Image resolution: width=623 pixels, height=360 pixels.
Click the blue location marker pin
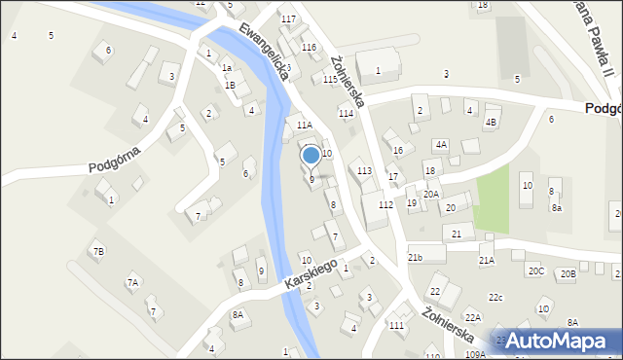pyautogui.click(x=311, y=156)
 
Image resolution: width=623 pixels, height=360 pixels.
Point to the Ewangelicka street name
pyautogui.click(x=264, y=52)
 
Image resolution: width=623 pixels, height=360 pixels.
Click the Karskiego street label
pyautogui.click(x=311, y=273)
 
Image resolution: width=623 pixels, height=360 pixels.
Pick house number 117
pyautogui.click(x=288, y=19)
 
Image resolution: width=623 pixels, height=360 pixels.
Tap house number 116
pyautogui.click(x=309, y=48)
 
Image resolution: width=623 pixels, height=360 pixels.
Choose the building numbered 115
pyautogui.click(x=330, y=80)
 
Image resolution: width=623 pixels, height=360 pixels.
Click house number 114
pyautogui.click(x=346, y=114)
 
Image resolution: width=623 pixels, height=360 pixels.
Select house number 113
pyautogui.click(x=364, y=171)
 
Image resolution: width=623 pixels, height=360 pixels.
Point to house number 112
pyautogui.click(x=386, y=204)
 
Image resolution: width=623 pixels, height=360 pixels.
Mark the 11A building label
pyautogui.click(x=304, y=126)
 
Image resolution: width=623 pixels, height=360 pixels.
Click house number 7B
pyautogui.click(x=97, y=252)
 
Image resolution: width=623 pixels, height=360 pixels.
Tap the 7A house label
pyautogui.click(x=132, y=282)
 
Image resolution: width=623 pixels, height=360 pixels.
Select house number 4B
pyautogui.click(x=491, y=122)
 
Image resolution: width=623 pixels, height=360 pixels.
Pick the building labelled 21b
pyautogui.click(x=416, y=257)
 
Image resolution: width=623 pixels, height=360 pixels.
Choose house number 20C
pyautogui.click(x=535, y=270)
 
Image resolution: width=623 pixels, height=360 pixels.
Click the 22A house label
pyautogui.click(x=473, y=317)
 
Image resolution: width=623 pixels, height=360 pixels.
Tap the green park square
pyautogui.click(x=492, y=192)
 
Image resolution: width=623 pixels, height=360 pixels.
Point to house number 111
pyautogui.click(x=396, y=325)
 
